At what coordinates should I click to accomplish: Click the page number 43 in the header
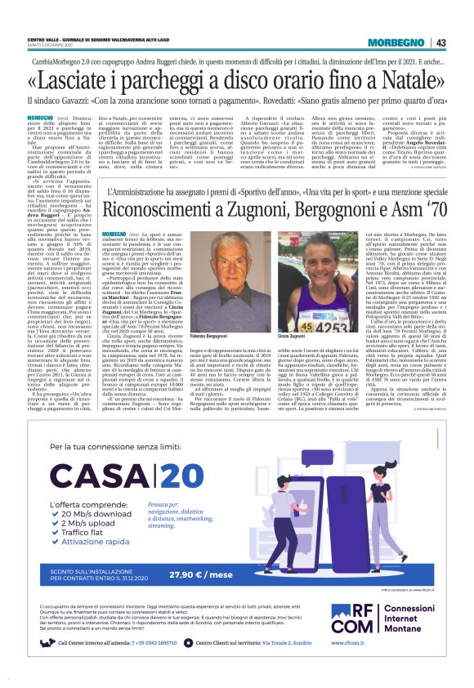point(440,42)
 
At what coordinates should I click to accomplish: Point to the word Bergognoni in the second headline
point(314,208)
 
